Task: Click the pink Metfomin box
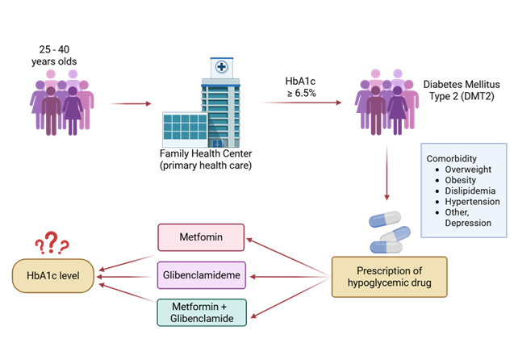click(201, 237)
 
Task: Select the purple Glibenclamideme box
click(201, 276)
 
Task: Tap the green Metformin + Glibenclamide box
click(201, 313)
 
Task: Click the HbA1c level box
click(52, 275)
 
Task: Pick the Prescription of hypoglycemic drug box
click(390, 275)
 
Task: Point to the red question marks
click(52, 241)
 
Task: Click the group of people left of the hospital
click(62, 103)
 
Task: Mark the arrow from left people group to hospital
click(130, 103)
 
